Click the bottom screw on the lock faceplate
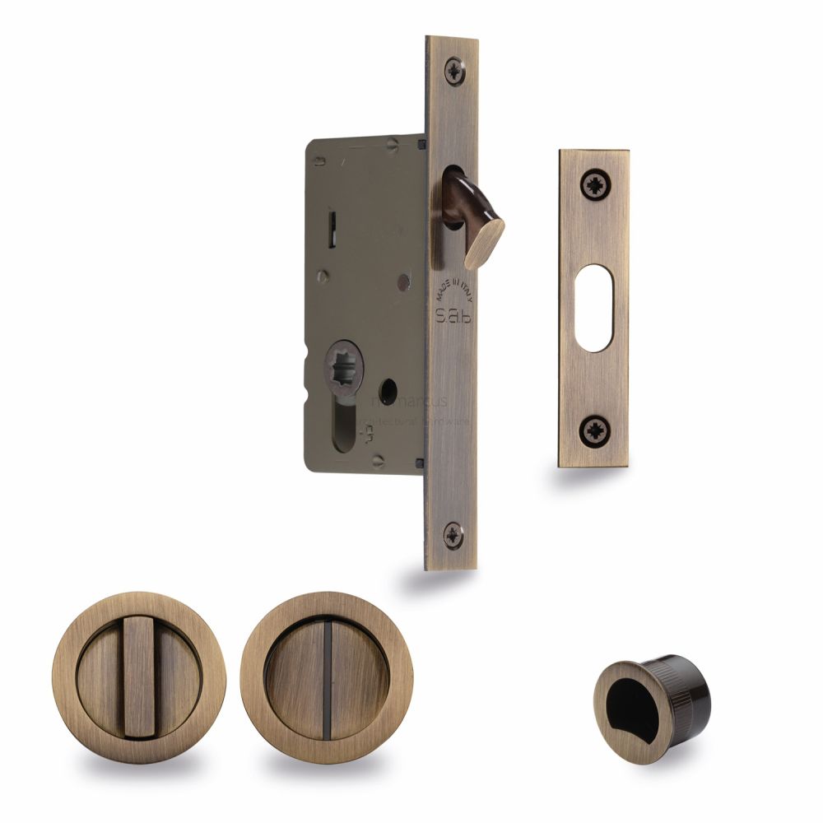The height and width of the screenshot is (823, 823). click(x=453, y=534)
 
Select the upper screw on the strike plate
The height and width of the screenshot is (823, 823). click(x=593, y=185)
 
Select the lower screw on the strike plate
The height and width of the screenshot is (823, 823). click(x=593, y=430)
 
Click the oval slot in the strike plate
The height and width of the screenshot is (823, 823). click(x=593, y=307)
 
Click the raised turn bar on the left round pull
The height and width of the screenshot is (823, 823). click(x=138, y=678)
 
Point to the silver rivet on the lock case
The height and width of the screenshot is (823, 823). click(x=402, y=283)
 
